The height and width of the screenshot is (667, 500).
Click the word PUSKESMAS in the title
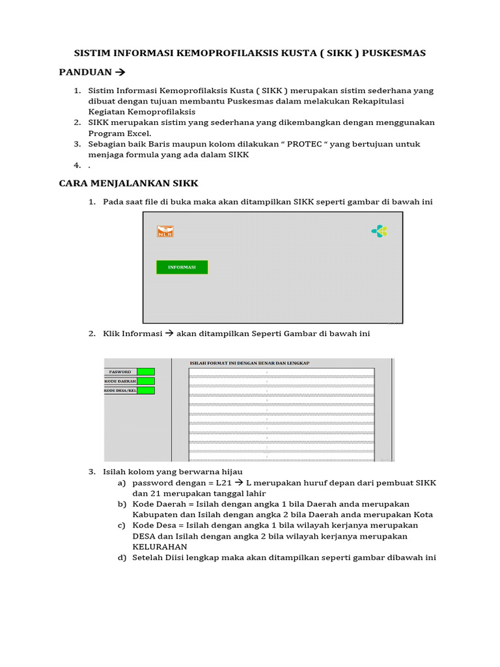click(395, 53)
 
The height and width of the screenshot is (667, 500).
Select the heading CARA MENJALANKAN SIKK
click(128, 183)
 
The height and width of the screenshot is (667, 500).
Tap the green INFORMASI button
click(182, 267)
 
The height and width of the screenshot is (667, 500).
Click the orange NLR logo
click(165, 231)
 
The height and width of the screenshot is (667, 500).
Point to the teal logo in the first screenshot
click(379, 231)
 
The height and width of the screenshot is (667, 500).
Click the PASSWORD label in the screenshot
click(120, 372)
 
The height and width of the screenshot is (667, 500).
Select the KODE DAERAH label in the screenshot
click(120, 381)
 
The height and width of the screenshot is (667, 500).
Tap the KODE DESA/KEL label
click(120, 390)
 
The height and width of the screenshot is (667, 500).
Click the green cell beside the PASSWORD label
click(146, 372)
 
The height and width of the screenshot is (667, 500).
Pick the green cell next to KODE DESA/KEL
click(146, 390)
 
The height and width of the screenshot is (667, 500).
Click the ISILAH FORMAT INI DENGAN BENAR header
click(249, 363)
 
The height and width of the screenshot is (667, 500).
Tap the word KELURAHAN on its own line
click(160, 546)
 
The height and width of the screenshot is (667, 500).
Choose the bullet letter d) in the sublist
click(122, 558)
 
